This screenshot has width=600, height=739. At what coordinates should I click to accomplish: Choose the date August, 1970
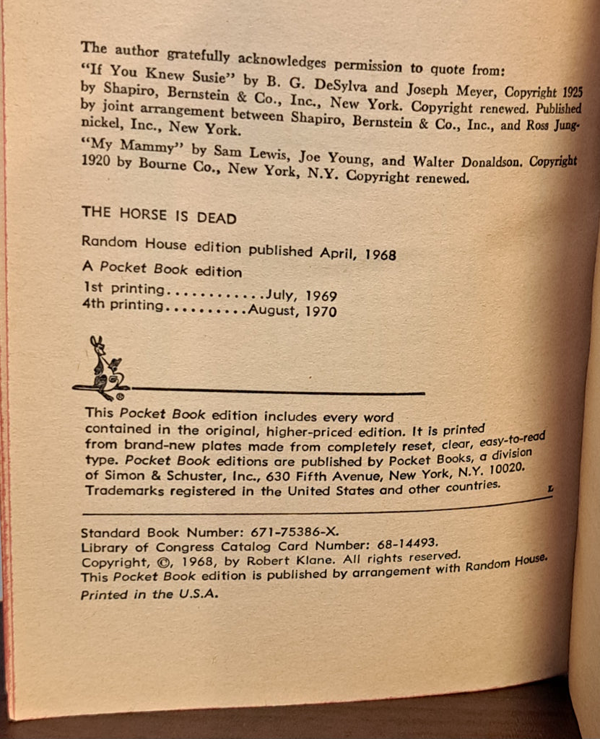[x=292, y=312]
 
